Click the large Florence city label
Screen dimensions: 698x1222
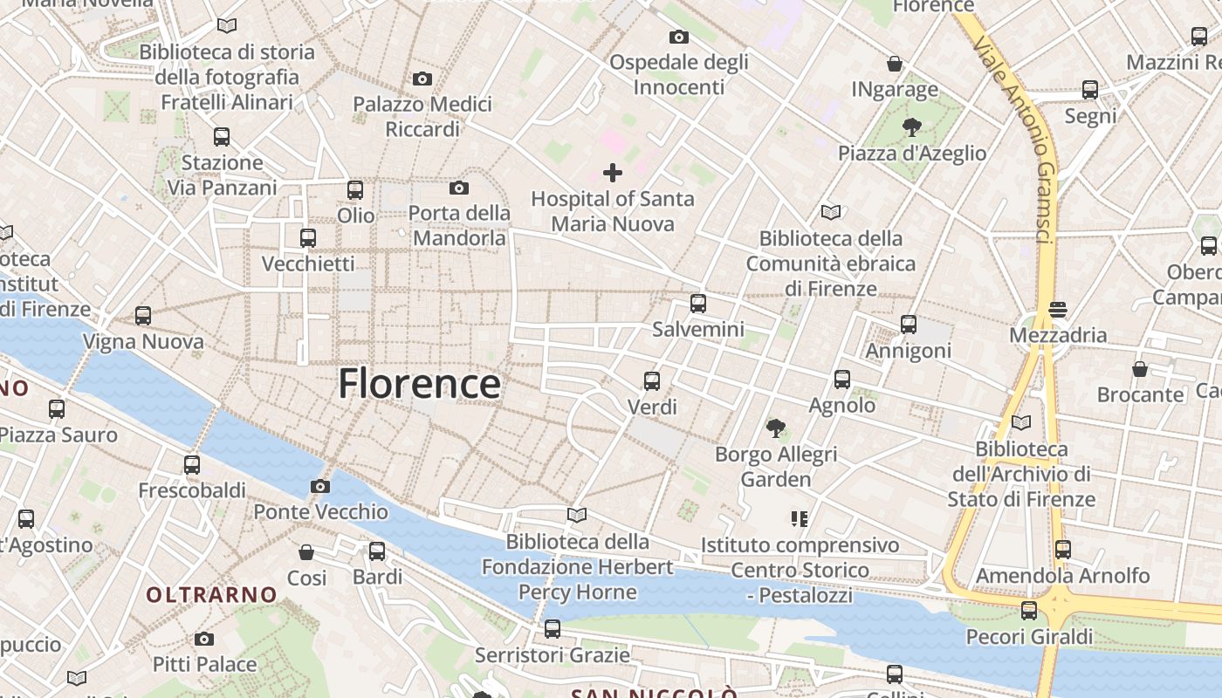click(419, 384)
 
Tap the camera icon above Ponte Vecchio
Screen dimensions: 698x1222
click(320, 486)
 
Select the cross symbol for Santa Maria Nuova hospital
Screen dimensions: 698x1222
click(613, 173)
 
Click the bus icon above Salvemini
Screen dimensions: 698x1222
click(698, 304)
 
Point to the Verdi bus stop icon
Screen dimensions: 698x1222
click(652, 381)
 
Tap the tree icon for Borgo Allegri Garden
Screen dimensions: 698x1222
click(775, 428)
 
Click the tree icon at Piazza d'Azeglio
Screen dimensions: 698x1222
click(912, 127)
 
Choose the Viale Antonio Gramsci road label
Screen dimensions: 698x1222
click(1017, 140)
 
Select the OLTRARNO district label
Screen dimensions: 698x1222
click(211, 595)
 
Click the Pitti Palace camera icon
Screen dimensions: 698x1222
click(204, 639)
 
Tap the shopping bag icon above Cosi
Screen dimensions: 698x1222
click(306, 552)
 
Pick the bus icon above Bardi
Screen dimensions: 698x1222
click(377, 551)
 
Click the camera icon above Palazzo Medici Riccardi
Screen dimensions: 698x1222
click(422, 79)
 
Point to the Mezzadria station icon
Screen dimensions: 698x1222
click(1058, 309)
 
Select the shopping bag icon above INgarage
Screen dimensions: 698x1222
click(895, 64)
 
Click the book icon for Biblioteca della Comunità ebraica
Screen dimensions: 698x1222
click(830, 212)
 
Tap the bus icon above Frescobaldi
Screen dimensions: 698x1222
click(192, 465)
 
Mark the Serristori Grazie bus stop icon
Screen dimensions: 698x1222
click(552, 629)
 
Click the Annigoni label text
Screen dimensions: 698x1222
click(908, 351)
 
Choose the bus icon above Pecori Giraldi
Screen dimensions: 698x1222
click(1029, 611)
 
